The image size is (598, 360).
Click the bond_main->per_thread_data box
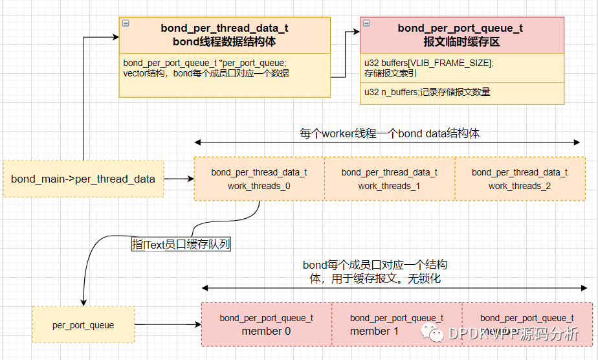83,179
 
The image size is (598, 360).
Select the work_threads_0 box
259,179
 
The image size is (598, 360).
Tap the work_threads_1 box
389,179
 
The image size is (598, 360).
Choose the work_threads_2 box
519,179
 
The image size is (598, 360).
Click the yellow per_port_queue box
83,325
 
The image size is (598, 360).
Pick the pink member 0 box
266,324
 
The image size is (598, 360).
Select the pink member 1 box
396,324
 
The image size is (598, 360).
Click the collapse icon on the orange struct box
126,23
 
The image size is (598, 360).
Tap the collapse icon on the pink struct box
366,23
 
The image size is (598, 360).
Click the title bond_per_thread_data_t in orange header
225,28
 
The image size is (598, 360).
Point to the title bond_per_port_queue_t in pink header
460,28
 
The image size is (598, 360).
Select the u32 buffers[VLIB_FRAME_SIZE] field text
428,62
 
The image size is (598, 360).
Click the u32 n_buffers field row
427,92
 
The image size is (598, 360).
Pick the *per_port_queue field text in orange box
205,63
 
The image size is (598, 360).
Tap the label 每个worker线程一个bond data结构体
389,133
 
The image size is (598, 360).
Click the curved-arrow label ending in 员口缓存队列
181,244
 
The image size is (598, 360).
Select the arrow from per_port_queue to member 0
168,324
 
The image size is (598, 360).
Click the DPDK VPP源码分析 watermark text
511,334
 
